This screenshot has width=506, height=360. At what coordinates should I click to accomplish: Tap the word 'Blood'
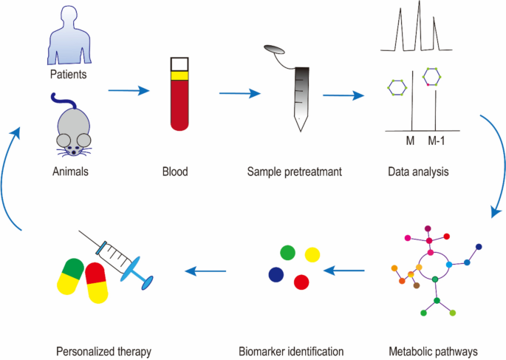(x=175, y=172)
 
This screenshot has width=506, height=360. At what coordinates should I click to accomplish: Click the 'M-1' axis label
(x=437, y=140)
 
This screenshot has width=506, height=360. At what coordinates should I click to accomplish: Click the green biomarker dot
(x=287, y=253)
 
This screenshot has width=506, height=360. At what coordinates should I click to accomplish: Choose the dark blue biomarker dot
(x=276, y=274)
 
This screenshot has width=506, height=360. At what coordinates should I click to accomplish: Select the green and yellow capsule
(x=73, y=277)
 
